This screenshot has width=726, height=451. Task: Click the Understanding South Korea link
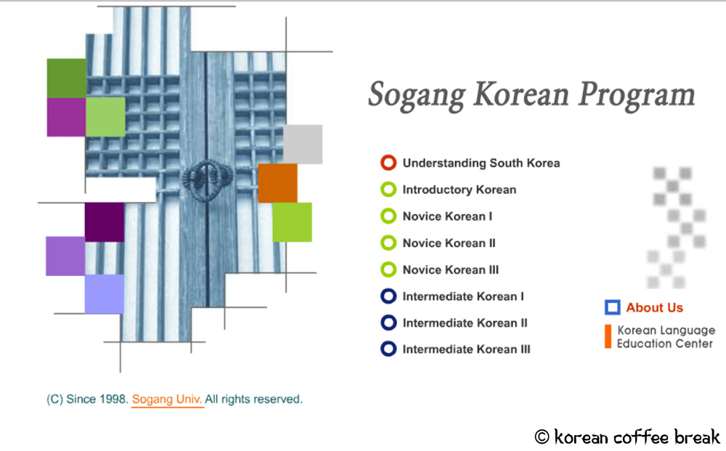[x=481, y=163]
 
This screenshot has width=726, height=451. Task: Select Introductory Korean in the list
[x=459, y=190]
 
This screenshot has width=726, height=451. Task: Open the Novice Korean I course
[x=447, y=216]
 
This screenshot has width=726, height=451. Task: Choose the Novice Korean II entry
[x=449, y=243]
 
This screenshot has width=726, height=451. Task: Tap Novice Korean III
[x=450, y=269]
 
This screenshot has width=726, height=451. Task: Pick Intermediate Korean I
[x=463, y=296]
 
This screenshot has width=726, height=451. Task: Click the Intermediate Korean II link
[x=465, y=322]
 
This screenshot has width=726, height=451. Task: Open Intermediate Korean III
[x=466, y=349]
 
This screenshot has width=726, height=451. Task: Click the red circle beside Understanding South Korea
[x=388, y=163]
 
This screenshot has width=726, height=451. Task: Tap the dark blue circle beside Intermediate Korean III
[x=388, y=349]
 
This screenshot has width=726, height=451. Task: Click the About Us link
[x=654, y=307]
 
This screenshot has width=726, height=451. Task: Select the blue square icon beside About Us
[x=613, y=307]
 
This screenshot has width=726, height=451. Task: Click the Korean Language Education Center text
[x=665, y=337]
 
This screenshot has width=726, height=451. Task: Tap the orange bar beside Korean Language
[x=608, y=336]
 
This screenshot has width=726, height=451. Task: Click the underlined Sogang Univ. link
[x=168, y=399]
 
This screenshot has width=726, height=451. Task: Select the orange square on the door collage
[x=277, y=183]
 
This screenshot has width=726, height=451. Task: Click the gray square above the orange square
[x=303, y=144]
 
